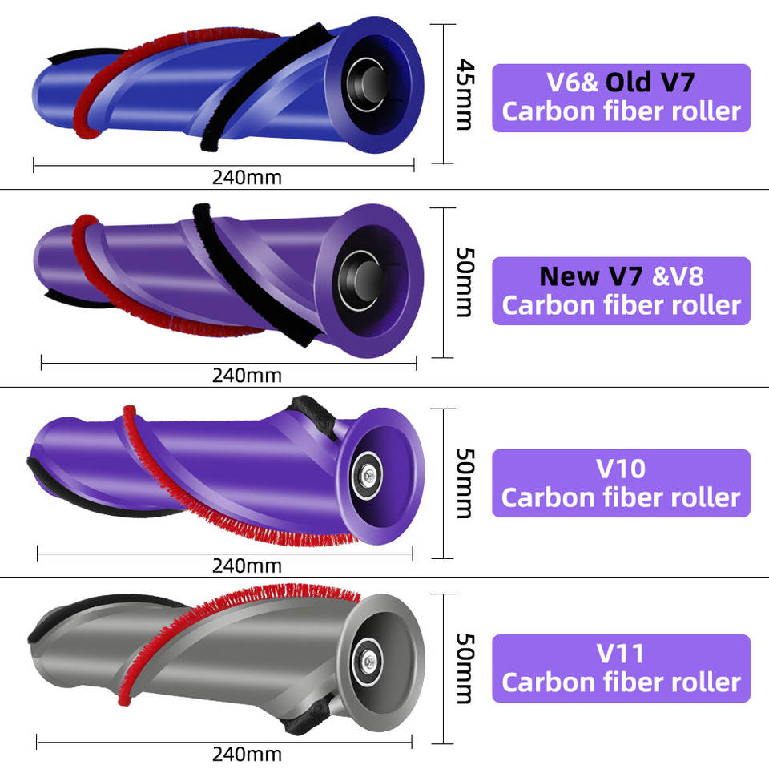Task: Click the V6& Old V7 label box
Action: coord(621,98)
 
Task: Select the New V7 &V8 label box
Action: coord(621,290)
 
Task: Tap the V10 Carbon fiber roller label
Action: coord(621,483)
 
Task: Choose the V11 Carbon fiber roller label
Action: coord(621,668)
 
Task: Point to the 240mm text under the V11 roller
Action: coord(247,754)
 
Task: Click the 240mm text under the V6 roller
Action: coord(247,177)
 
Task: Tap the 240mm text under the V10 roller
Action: coord(247,566)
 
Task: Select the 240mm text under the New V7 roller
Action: coord(247,375)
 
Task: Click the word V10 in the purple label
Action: coord(621,468)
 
